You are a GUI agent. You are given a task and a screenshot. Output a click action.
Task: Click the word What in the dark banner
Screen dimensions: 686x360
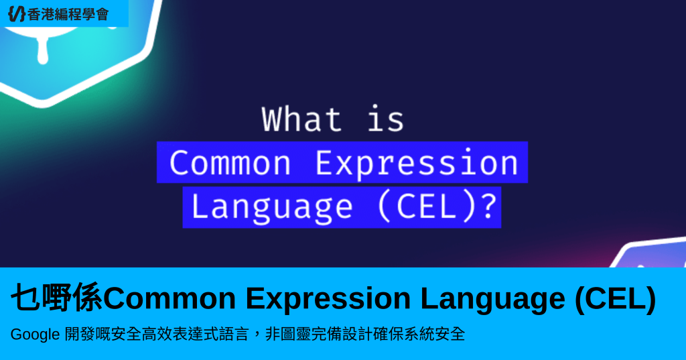301,119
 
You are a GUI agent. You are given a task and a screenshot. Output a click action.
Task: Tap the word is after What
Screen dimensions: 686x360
385,119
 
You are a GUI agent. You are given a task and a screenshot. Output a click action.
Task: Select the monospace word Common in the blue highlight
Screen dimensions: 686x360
230,163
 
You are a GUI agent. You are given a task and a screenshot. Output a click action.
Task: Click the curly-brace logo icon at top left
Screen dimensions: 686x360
17,14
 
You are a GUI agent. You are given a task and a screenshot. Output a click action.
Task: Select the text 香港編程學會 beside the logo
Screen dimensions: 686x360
68,15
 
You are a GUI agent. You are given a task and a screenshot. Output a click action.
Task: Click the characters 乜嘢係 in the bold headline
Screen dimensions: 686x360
56,298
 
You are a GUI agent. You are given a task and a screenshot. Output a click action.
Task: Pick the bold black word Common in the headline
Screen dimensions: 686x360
169,298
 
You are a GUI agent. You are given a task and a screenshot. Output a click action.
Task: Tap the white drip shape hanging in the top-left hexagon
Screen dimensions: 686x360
43,50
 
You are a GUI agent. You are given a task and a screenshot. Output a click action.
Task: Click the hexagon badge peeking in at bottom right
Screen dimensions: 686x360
650,253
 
